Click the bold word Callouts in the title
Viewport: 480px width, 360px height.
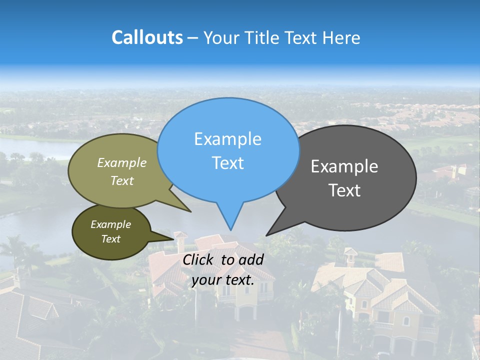[x=147, y=37]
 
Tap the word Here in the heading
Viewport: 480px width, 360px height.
[x=341, y=37]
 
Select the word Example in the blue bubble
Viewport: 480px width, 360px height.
[x=227, y=139]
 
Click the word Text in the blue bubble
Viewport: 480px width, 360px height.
[x=227, y=163]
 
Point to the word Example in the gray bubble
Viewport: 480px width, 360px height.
[x=344, y=166]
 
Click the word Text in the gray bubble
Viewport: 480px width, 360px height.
[x=344, y=190]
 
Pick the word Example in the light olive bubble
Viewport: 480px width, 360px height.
[x=122, y=162]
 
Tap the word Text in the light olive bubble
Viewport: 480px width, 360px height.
[x=122, y=180]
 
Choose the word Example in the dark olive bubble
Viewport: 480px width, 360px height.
[x=110, y=224]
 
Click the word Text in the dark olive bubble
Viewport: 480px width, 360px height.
[x=110, y=239]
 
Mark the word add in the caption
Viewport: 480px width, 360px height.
[x=251, y=259]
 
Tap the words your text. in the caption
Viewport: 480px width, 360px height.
[x=223, y=280]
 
